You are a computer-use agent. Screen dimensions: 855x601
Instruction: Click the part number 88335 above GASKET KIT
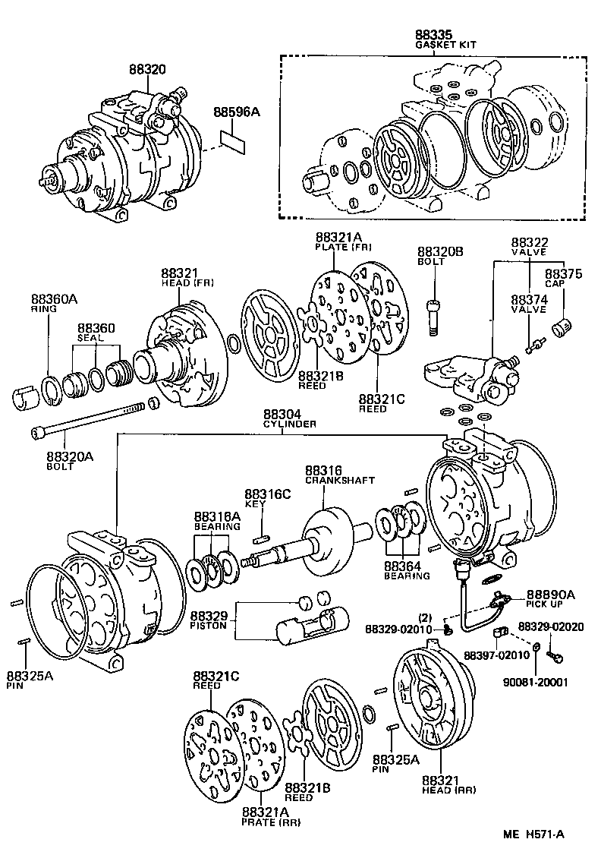tap(433, 35)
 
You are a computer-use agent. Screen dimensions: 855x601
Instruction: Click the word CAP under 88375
tap(562, 283)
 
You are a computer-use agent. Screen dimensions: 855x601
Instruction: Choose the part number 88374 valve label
tap(530, 299)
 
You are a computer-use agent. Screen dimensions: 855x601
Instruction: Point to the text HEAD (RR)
tap(448, 790)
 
